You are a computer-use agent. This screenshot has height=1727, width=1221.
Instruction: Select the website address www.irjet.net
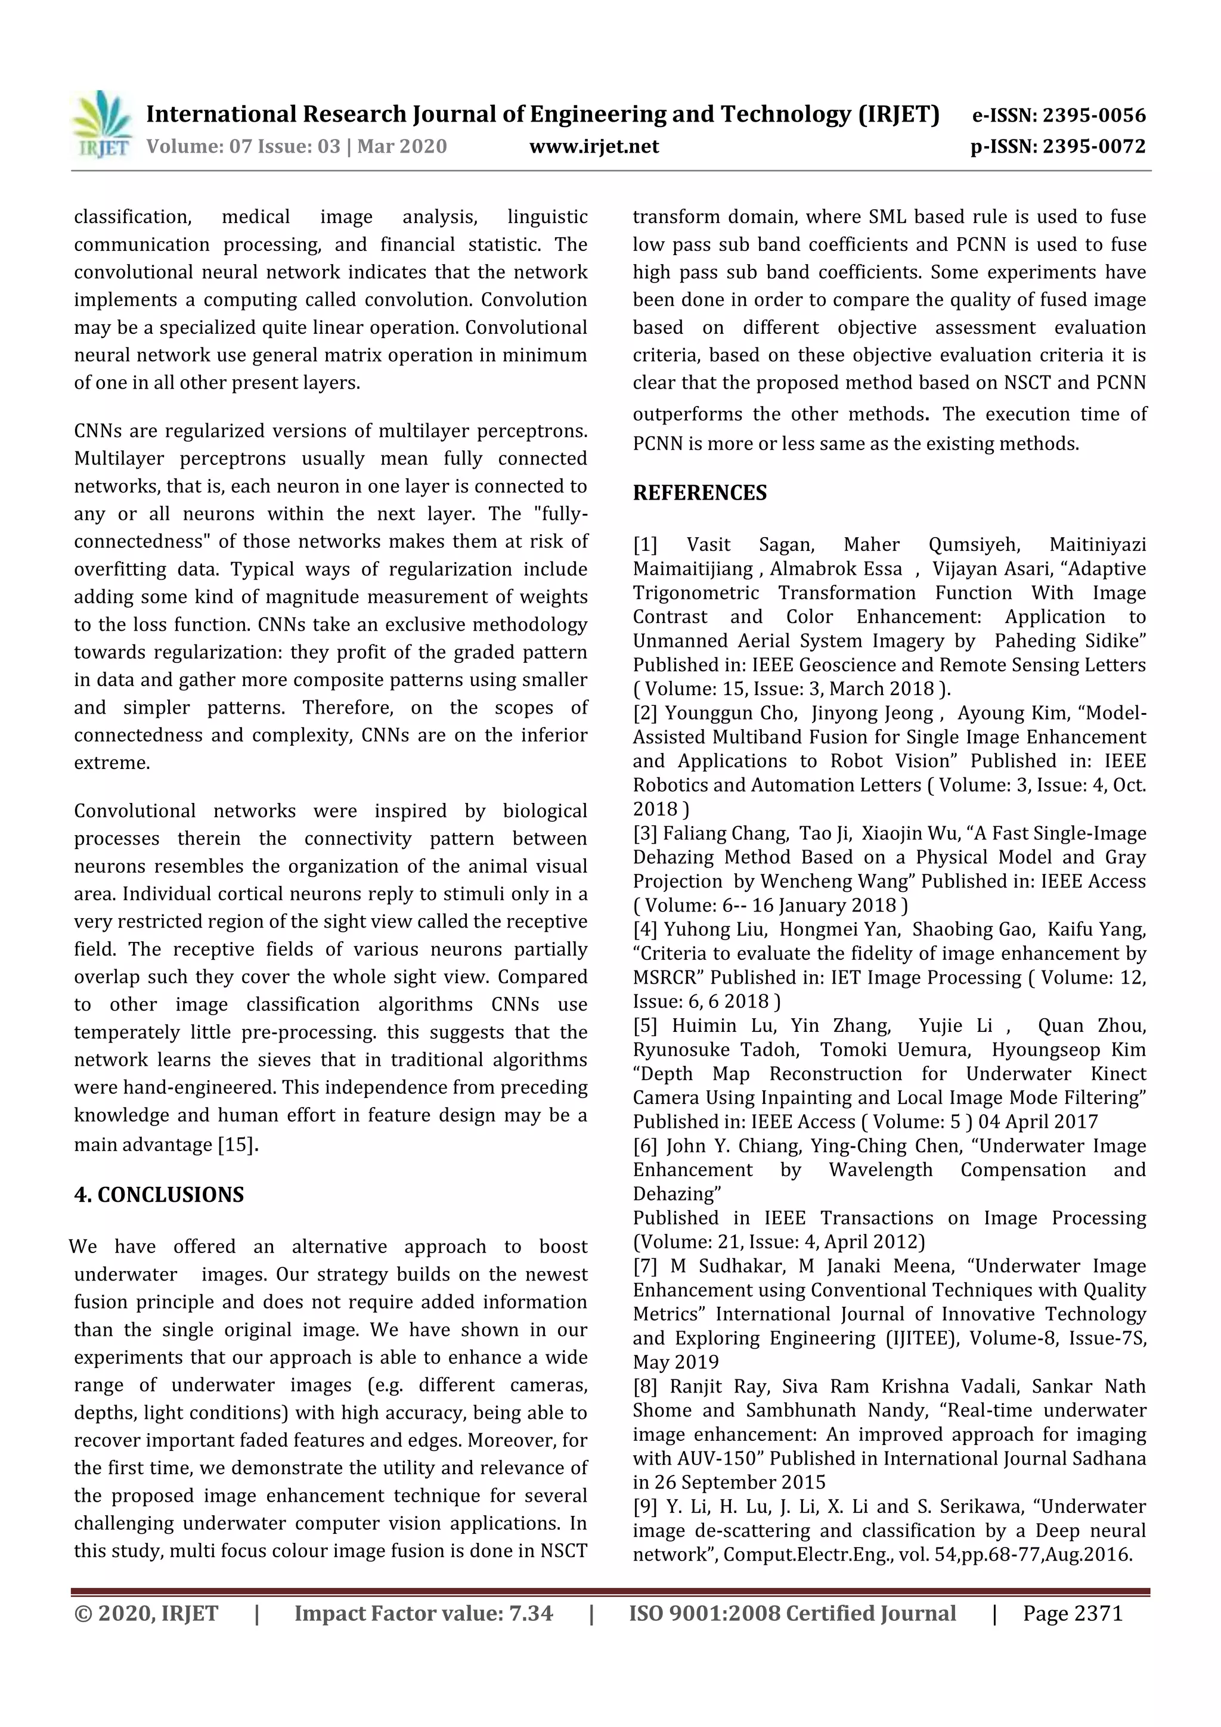coord(594,147)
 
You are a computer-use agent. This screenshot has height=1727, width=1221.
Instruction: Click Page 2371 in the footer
coord(1072,1613)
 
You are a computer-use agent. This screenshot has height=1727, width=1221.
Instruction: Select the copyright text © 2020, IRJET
coord(146,1613)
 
